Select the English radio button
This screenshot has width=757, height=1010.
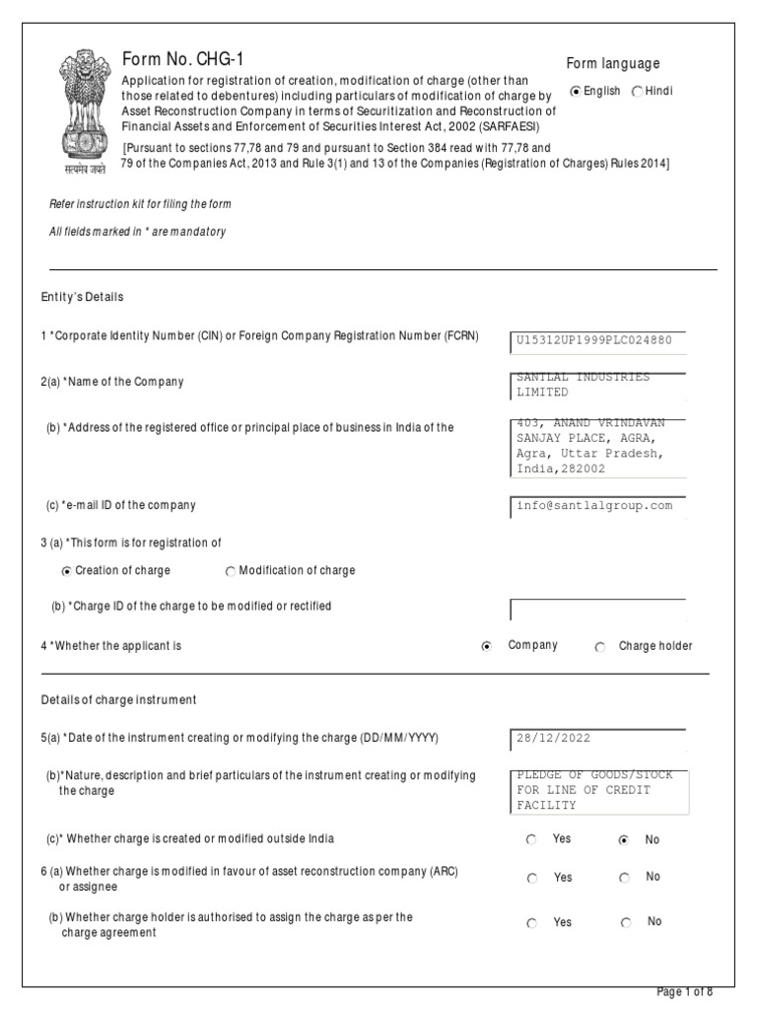[x=577, y=92]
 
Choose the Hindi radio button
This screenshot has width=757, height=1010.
[x=637, y=92]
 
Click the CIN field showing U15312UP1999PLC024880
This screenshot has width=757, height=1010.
[x=597, y=341]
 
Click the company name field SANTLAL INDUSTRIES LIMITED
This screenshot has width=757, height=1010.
[x=597, y=385]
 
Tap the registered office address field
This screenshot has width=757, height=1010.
[x=597, y=447]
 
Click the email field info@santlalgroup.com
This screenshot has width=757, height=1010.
[x=597, y=506]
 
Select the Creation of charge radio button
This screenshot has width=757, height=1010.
[x=67, y=571]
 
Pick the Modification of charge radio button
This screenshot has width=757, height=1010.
[x=231, y=571]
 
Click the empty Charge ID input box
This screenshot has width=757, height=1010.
[x=597, y=609]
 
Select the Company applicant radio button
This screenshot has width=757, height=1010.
[x=487, y=647]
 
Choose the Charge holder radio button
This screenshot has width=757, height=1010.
[x=600, y=647]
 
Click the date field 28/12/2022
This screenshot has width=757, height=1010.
[x=597, y=739]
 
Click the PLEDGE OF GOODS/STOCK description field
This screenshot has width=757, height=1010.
[x=597, y=790]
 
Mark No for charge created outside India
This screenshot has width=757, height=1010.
[x=623, y=840]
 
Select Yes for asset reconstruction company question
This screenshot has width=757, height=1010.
[x=532, y=878]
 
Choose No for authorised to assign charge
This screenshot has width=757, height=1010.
[x=626, y=923]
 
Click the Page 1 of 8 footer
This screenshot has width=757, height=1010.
[x=684, y=990]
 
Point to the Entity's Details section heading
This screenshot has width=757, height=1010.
[x=83, y=297]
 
